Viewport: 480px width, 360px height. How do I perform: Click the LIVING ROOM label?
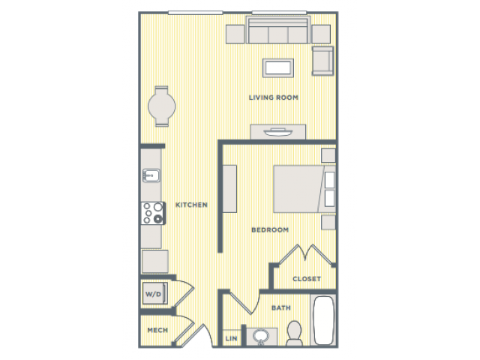(273, 97)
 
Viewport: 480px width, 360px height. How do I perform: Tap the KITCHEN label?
(191, 205)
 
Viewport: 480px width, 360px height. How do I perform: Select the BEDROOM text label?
(270, 230)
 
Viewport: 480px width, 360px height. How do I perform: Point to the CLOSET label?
(307, 279)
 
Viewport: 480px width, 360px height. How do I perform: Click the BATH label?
(281, 307)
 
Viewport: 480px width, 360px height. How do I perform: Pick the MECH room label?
(157, 330)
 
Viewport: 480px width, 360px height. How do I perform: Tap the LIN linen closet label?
(231, 338)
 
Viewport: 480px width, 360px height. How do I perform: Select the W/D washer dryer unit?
(155, 294)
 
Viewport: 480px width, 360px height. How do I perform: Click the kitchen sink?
(151, 175)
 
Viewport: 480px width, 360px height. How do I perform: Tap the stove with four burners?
(153, 213)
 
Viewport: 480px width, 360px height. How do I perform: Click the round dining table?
(162, 106)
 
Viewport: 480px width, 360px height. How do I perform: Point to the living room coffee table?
(278, 68)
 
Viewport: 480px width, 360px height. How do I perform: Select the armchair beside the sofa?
(322, 61)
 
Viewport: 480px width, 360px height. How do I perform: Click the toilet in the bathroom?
(294, 333)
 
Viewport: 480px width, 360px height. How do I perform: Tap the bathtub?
(323, 320)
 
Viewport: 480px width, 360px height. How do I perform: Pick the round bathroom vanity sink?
(261, 336)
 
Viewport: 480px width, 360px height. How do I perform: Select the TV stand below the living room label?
(278, 132)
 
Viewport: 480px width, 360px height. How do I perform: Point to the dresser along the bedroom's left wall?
(229, 189)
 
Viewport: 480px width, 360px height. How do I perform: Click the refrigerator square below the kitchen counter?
(155, 262)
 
